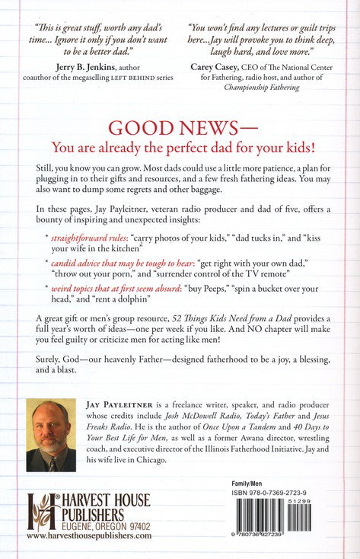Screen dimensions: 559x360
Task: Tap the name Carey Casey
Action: [218, 66]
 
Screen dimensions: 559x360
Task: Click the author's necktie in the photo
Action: [53, 460]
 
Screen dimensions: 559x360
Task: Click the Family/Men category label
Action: [250, 484]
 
